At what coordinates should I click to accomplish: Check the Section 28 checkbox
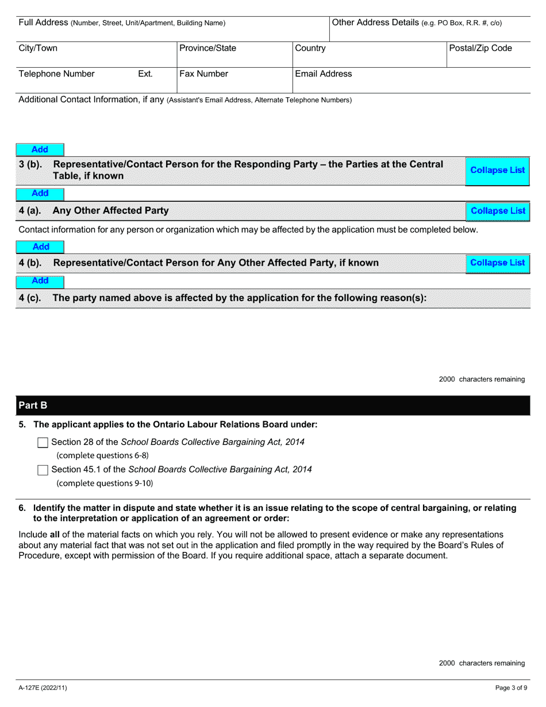(43, 443)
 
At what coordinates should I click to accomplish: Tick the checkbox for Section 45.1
(43, 470)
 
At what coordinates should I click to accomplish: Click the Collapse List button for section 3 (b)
(497, 170)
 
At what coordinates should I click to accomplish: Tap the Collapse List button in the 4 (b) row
(497, 263)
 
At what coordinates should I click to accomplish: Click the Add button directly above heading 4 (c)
(40, 281)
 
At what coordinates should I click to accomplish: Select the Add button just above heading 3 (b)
(40, 150)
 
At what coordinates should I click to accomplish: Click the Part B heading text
(33, 406)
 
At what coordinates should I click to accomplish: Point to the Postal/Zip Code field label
(480, 48)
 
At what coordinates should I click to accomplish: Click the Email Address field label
(323, 74)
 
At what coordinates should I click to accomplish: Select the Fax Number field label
(203, 74)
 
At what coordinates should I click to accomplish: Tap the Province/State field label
(207, 48)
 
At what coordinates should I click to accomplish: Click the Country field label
(310, 48)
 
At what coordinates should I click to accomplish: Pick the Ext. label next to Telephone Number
(145, 74)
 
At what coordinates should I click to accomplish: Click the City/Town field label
(38, 48)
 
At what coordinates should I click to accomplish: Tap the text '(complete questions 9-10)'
(105, 483)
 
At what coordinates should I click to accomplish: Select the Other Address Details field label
(417, 23)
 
